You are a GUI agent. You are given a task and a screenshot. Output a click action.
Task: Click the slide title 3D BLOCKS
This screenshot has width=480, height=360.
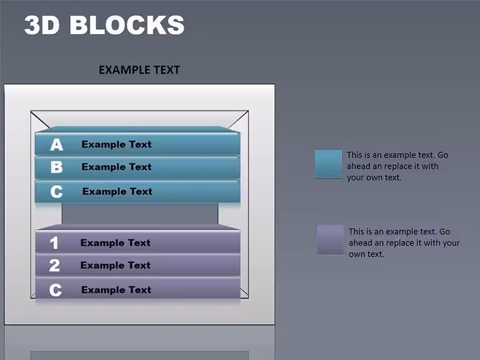tap(104, 25)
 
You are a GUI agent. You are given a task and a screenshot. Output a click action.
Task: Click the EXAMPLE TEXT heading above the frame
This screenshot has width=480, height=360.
tap(140, 70)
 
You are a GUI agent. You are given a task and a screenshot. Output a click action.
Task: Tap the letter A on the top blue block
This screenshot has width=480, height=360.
tap(57, 145)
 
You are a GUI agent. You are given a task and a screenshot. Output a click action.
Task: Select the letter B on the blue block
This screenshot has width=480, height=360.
tap(57, 167)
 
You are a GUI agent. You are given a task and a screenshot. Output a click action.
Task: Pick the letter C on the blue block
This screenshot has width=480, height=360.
tap(57, 191)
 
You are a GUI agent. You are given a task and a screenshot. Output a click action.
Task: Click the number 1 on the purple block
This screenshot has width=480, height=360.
tap(54, 243)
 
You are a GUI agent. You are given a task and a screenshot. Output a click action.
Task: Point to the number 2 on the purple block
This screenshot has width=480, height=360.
tap(54, 265)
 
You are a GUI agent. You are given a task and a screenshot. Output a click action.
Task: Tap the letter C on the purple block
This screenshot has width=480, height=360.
tap(56, 290)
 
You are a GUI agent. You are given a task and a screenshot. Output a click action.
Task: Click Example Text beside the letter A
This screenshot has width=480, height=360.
tap(117, 144)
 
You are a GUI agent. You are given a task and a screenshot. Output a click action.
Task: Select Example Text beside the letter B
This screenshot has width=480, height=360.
tap(117, 167)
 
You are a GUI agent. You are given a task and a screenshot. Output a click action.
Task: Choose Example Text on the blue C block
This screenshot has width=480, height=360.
tap(117, 191)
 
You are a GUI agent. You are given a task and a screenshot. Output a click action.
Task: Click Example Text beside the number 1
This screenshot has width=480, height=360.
tap(116, 243)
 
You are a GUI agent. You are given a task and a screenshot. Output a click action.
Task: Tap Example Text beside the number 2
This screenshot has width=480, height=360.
tap(116, 265)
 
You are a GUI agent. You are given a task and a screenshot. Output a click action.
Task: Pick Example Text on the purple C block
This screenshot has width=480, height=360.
tap(116, 290)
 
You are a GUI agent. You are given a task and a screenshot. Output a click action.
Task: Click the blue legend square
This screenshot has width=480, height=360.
tap(328, 164)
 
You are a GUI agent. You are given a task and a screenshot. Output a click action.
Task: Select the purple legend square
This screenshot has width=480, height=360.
tap(330, 239)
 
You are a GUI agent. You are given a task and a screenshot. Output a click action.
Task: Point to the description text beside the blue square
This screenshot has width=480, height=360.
tap(398, 166)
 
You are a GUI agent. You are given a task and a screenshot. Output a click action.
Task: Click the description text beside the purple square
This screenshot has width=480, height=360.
tap(404, 243)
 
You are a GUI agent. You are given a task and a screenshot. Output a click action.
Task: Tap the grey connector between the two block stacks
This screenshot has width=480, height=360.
tap(140, 213)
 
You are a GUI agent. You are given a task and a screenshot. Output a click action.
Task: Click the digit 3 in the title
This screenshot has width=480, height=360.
tap(33, 25)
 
